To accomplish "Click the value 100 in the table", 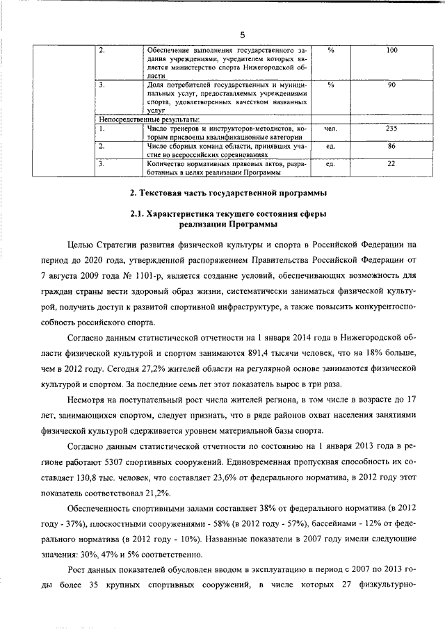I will (391, 51).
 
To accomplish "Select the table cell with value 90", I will (391, 85).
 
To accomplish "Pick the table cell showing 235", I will (391, 129).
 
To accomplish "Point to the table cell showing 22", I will (391, 164).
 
